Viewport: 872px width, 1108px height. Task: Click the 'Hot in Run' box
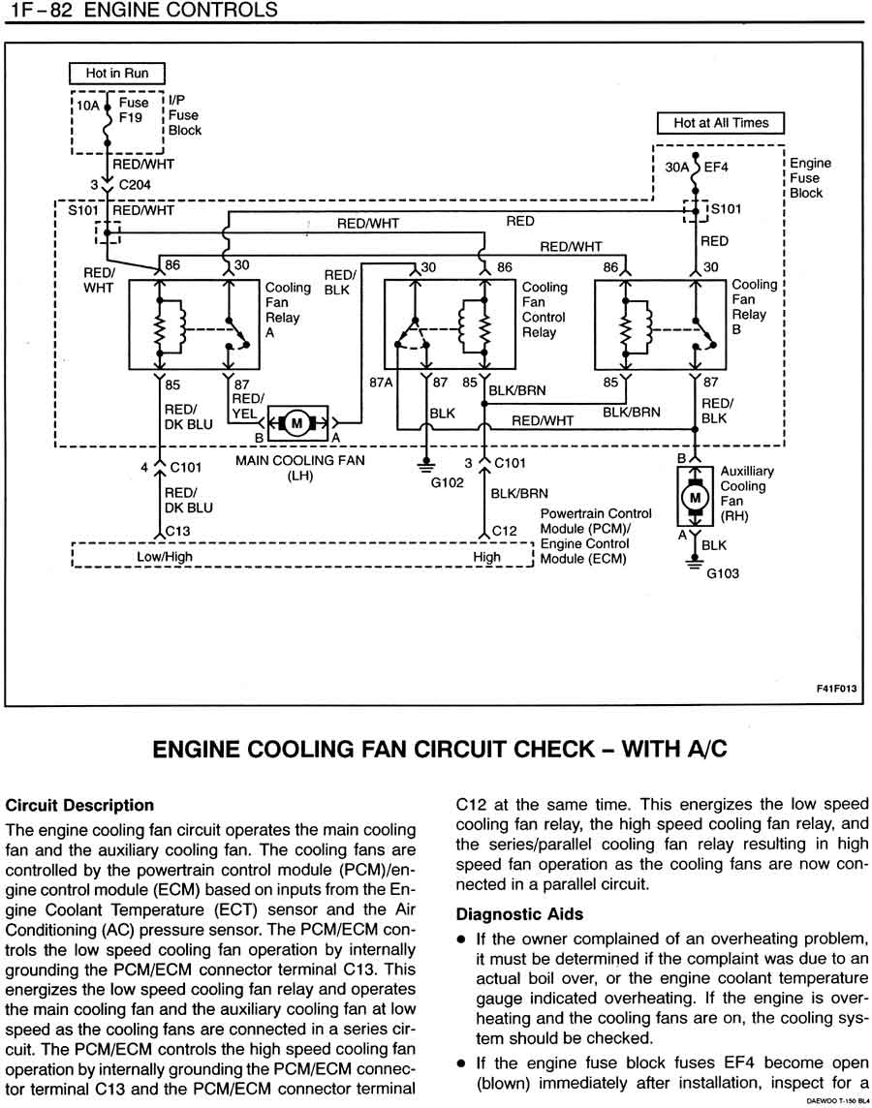point(117,74)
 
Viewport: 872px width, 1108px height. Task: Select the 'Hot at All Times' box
point(721,123)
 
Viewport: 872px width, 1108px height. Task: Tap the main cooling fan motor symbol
point(298,422)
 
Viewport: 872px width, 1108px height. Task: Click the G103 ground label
point(723,572)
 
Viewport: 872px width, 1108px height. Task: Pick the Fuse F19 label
point(133,110)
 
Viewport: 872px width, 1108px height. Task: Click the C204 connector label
point(134,184)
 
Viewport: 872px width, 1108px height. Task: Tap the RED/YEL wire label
point(246,405)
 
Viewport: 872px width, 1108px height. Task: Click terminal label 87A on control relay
point(382,383)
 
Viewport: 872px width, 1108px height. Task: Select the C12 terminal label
point(506,531)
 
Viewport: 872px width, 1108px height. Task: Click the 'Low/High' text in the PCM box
point(164,557)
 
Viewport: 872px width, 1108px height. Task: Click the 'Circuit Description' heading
point(79,805)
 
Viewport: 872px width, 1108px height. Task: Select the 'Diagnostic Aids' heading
point(519,913)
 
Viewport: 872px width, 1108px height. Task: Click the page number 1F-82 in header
point(37,11)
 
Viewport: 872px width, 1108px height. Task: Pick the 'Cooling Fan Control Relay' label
point(545,310)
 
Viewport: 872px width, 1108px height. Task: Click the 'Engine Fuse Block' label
point(810,178)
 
